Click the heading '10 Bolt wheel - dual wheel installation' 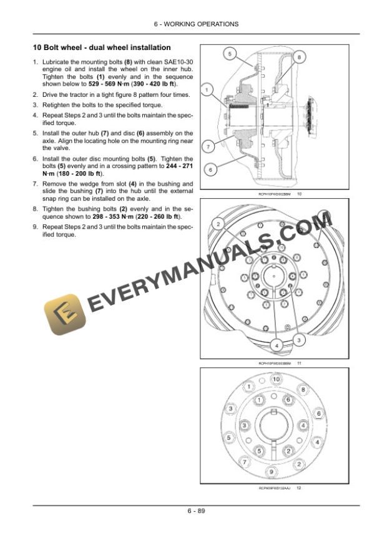pyautogui.click(x=102, y=48)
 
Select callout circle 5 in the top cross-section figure pyautogui.click(x=229, y=55)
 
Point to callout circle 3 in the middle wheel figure pyautogui.click(x=299, y=339)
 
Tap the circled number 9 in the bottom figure pyautogui.click(x=272, y=470)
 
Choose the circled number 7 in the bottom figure pyautogui.click(x=245, y=462)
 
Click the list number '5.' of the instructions pyautogui.click(x=36, y=133)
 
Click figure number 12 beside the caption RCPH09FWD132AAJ pyautogui.click(x=299, y=487)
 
